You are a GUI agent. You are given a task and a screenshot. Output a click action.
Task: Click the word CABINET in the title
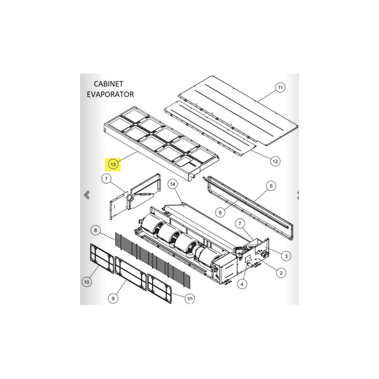pos(108,84)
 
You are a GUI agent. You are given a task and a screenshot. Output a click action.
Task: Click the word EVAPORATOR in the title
pos(110,94)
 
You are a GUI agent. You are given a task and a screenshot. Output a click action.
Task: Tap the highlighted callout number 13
pos(113,164)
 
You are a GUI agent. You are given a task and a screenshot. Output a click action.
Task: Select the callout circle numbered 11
pos(280,88)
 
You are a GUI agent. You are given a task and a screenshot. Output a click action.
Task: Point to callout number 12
pos(275,162)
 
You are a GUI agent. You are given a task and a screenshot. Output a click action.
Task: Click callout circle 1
pos(106,179)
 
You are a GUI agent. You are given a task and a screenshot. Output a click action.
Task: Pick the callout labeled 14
pos(172,184)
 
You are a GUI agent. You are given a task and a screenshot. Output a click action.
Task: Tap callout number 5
pos(271,186)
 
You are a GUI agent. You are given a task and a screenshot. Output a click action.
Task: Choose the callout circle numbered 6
pos(220,213)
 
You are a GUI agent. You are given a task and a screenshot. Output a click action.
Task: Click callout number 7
pos(240,224)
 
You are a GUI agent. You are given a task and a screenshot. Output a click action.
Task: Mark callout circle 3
pos(286,256)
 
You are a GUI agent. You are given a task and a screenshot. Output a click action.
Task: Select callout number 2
pos(281,273)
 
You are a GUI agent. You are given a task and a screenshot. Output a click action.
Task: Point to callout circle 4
pos(242,284)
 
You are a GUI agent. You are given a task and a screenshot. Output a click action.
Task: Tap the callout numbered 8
pos(96,230)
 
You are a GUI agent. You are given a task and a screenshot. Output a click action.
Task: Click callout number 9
pos(113,298)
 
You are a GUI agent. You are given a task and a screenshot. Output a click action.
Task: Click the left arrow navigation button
pos(87,195)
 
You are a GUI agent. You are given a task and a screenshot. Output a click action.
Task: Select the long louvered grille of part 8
pos(153,261)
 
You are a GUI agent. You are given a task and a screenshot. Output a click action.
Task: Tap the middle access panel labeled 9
pos(131,273)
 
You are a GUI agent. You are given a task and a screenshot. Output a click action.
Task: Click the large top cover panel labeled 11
pos(238,110)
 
